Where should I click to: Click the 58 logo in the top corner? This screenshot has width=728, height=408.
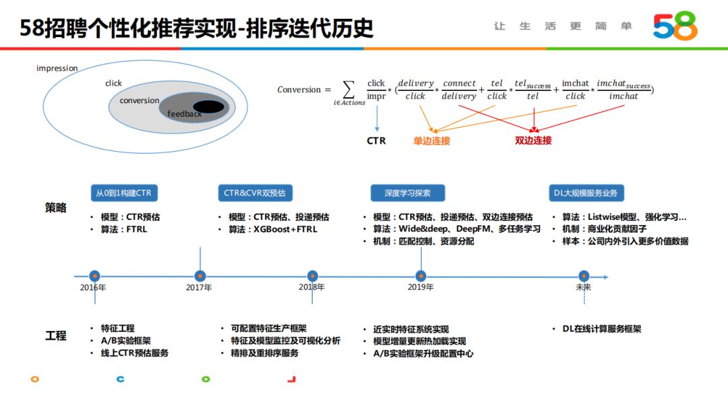pos(675,26)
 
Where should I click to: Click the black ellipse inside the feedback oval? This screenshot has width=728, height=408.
pos(208,107)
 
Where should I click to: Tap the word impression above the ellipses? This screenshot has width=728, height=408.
pos(57,68)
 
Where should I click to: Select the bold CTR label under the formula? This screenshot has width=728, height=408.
pos(376,141)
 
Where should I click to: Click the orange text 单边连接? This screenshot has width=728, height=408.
pos(431,141)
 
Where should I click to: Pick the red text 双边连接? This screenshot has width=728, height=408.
pos(533,141)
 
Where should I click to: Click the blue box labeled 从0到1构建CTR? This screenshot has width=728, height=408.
pos(124,193)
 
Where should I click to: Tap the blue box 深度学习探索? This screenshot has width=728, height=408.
pos(407,193)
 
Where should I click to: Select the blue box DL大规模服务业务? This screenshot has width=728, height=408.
pos(585,193)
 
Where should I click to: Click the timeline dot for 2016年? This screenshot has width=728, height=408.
pos(94,276)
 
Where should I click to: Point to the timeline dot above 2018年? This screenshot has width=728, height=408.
pos(312,276)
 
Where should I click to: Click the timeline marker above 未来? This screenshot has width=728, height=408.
pos(584,276)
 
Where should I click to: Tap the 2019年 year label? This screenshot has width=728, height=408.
pos(421,287)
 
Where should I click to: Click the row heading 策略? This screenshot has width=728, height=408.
pos(56,208)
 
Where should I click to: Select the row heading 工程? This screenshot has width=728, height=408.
pos(56,335)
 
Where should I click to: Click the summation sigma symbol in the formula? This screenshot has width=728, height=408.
pos(348,89)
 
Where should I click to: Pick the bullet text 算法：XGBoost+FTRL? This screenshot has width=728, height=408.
pos(272,229)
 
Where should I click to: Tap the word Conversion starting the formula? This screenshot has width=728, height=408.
pos(299,90)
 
